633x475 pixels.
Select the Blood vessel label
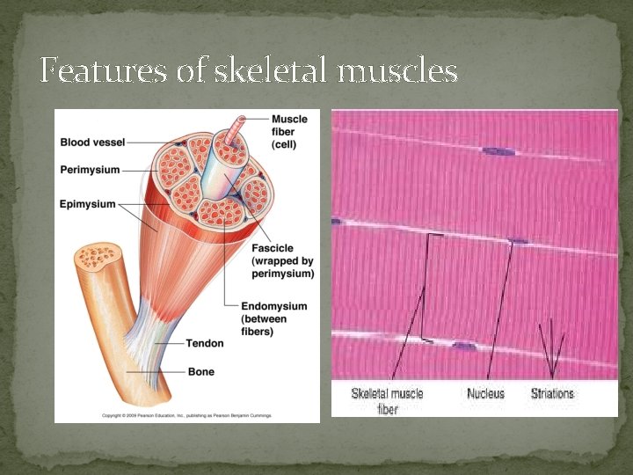coord(92,142)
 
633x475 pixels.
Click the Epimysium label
coord(87,204)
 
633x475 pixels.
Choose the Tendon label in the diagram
coord(205,343)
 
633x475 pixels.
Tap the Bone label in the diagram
coord(201,372)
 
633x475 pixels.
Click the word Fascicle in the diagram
coord(273,247)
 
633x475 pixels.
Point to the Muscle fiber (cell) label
coord(289,131)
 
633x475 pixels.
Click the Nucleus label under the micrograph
coord(485,393)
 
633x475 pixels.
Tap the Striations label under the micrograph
coord(552,393)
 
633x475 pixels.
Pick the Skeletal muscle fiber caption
coord(387,400)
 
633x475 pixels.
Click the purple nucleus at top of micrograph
coord(498,152)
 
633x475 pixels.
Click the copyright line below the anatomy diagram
coord(186,414)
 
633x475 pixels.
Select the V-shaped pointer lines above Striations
coord(551,347)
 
